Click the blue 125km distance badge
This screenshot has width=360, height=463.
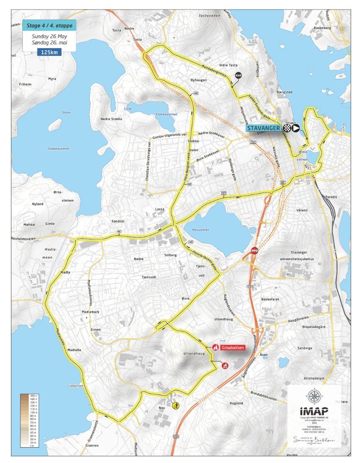[x=49, y=52]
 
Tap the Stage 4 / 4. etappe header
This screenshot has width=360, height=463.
[x=49, y=25]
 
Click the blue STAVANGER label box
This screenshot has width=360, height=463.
[x=264, y=128]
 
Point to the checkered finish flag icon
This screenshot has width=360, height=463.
[x=287, y=128]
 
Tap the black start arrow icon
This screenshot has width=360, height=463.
[x=296, y=128]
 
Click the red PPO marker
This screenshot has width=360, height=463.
[x=255, y=251]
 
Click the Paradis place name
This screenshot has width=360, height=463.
[x=331, y=197]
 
